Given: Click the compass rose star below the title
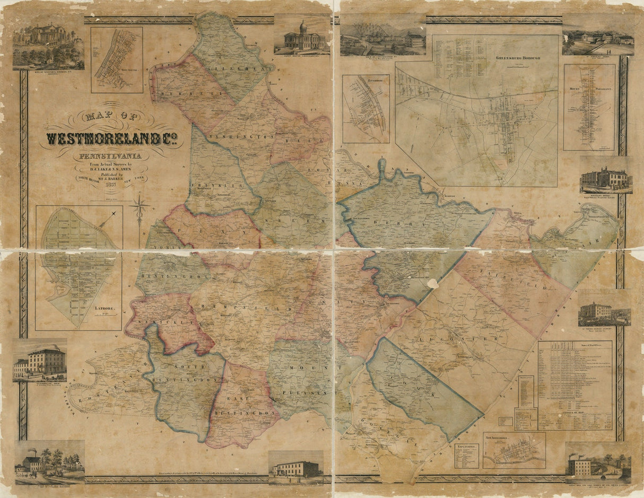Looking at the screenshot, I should [140, 207].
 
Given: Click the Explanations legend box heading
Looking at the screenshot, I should [466, 447].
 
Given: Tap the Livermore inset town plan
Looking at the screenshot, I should [365, 109].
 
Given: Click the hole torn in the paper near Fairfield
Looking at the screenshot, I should [433, 284].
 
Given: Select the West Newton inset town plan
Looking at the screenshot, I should [116, 59].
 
